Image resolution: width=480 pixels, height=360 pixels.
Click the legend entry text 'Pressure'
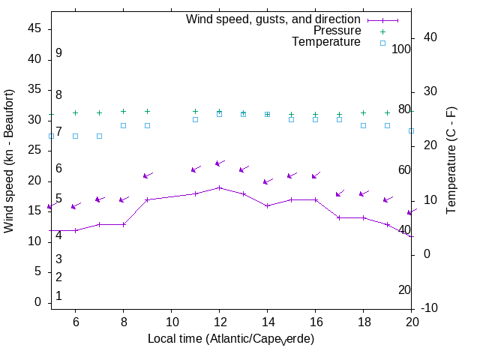click(337, 31)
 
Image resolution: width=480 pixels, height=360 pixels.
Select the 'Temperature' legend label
click(326, 42)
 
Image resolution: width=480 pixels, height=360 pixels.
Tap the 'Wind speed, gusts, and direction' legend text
click(274, 19)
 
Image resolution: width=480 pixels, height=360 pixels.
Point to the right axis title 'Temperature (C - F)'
click(452, 159)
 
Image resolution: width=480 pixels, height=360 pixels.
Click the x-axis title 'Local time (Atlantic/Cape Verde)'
click(230, 339)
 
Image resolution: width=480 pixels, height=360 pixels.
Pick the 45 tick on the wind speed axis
click(34, 28)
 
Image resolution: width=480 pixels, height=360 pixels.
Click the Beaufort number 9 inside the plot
click(58, 53)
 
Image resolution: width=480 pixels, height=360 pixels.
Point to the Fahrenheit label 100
click(402, 49)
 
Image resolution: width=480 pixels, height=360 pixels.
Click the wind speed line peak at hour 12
click(219, 187)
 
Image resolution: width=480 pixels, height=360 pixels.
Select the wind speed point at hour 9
click(147, 199)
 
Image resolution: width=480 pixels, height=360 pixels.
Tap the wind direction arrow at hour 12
click(219, 163)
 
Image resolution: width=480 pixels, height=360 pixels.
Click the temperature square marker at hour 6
click(75, 136)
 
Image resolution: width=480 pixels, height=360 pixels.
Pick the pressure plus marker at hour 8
click(123, 111)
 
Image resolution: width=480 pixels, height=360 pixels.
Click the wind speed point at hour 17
click(339, 217)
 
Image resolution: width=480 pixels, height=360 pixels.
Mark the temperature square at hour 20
click(411, 130)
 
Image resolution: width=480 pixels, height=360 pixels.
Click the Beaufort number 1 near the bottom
click(58, 296)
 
